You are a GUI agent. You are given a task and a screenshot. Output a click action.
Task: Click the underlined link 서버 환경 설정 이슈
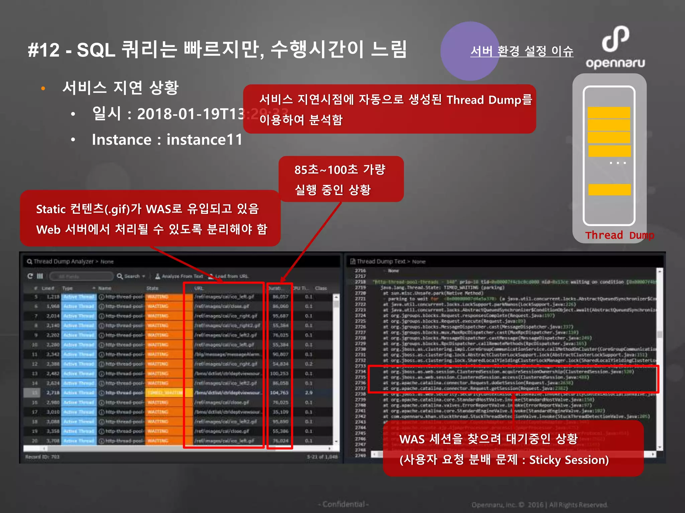[x=521, y=51]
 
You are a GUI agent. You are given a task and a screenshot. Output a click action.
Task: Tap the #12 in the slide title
[x=44, y=50]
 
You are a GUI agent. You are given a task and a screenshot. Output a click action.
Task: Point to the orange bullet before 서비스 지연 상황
[x=43, y=89]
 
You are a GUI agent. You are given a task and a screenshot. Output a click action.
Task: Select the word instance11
[x=204, y=140]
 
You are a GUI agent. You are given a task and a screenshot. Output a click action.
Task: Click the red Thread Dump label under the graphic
[x=619, y=235]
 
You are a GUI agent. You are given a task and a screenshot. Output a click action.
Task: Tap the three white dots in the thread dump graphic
[x=617, y=163]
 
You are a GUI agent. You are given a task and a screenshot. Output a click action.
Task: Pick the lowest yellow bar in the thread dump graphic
[x=609, y=189]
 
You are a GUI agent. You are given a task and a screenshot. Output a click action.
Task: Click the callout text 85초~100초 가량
[x=340, y=170]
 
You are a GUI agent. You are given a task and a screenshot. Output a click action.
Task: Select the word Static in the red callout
[x=51, y=209]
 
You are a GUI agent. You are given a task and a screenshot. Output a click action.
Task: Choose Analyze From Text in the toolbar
[x=182, y=276]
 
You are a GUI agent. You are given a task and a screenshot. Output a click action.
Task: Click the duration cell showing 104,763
[x=279, y=393]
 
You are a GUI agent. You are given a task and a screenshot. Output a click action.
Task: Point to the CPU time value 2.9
[x=309, y=393]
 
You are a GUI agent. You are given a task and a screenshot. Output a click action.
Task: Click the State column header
[x=153, y=288]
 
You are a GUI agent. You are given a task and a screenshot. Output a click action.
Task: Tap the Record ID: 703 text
[x=42, y=457]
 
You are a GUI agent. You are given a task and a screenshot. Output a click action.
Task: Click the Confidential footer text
[x=344, y=504]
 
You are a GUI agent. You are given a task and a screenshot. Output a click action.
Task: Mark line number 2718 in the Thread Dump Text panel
[x=360, y=282]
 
